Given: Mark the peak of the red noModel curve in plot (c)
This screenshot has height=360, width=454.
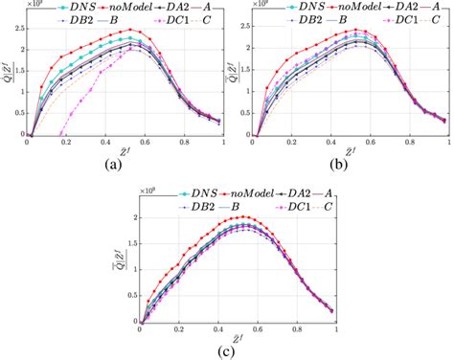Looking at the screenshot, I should click(241, 216).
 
